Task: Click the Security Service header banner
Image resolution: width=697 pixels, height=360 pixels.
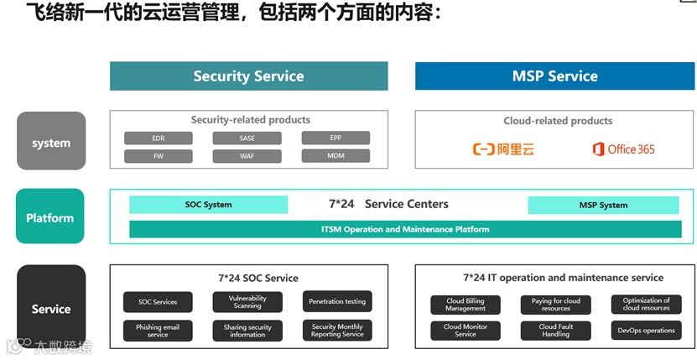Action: pos(248,76)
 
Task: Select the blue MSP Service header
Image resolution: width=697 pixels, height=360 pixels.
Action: pos(554,76)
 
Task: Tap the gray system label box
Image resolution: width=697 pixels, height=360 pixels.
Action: pos(51,142)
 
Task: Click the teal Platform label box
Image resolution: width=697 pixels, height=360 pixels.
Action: pos(50,217)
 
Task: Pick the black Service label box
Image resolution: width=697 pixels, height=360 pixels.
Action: pos(51,308)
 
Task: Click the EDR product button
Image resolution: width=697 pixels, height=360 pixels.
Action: pos(159,138)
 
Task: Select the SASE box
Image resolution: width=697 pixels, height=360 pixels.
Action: pos(247,138)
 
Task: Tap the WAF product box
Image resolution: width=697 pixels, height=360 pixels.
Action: pos(247,156)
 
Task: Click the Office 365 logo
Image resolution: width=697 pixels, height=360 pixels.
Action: pos(623,149)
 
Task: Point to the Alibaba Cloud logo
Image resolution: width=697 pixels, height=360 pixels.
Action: pos(503,149)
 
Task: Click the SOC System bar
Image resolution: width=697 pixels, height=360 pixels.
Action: pos(208,205)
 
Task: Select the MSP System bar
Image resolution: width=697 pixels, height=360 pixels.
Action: pos(602,205)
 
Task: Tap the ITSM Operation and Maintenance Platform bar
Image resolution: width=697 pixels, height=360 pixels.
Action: pos(404,229)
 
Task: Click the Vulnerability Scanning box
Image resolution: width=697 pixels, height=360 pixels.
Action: pos(247,302)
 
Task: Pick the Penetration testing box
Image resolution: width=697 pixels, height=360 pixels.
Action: pos(337,302)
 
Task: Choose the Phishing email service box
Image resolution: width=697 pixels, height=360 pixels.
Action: pos(158,331)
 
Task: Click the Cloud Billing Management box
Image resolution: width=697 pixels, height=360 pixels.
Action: pos(466,305)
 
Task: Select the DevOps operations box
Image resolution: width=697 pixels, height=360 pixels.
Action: pos(646,331)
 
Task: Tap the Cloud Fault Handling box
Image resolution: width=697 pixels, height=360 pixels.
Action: pos(555,331)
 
